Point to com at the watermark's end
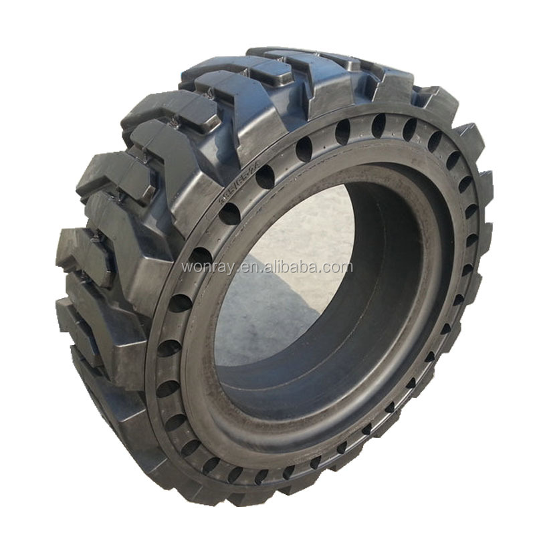tap(337, 267)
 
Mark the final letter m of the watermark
tap(346, 267)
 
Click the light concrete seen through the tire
tap(314, 221)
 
